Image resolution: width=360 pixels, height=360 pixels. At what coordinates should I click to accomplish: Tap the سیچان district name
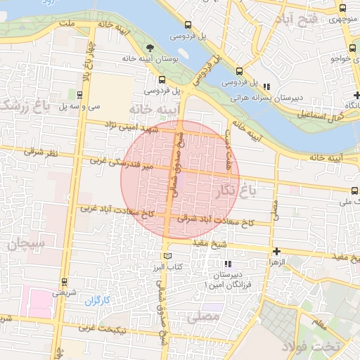click(x=27, y=244)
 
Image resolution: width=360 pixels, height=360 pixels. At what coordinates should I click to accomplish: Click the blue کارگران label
click(x=98, y=302)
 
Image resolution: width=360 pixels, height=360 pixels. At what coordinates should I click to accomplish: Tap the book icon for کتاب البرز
click(x=167, y=255)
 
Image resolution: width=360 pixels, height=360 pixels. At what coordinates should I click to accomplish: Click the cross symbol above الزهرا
click(x=276, y=251)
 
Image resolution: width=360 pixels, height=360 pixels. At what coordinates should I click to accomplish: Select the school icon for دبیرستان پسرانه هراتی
click(x=266, y=86)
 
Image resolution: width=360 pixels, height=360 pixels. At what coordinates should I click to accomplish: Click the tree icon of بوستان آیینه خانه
click(x=150, y=48)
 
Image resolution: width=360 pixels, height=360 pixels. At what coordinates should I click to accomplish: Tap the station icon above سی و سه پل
click(x=78, y=94)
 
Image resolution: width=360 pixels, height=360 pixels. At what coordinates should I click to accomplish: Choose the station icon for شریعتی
click(x=64, y=281)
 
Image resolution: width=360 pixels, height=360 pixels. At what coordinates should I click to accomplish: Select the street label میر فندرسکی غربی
click(x=121, y=163)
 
